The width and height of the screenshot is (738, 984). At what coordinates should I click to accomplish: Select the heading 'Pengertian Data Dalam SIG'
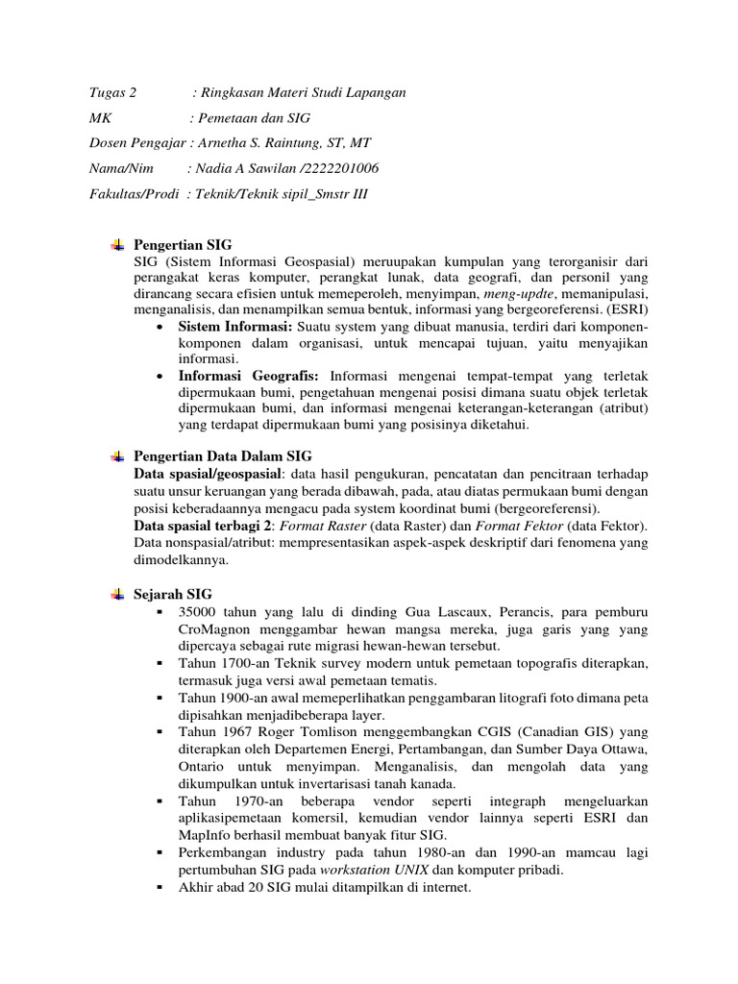(x=223, y=455)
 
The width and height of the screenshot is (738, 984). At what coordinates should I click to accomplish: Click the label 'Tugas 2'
(x=112, y=93)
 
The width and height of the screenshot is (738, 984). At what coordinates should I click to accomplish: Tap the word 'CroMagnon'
(x=211, y=629)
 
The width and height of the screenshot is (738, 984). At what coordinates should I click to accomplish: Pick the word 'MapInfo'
(x=205, y=835)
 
